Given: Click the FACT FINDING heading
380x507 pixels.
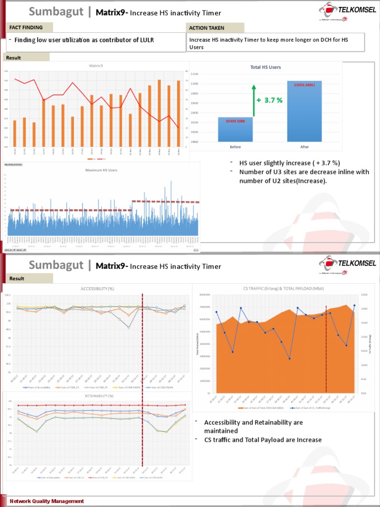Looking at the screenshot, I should click(x=26, y=28).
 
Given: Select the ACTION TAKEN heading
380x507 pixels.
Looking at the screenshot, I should click(x=206, y=28).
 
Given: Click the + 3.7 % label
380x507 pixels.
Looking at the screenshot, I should click(x=270, y=100).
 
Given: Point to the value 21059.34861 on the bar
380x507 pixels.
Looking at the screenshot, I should click(x=304, y=85).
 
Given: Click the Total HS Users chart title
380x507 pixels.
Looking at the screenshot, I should click(x=266, y=67).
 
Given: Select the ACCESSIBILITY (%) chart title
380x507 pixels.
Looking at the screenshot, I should click(x=97, y=289).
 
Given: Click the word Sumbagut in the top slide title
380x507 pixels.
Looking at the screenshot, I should click(x=55, y=12).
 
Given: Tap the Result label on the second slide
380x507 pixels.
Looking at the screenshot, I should click(x=16, y=279).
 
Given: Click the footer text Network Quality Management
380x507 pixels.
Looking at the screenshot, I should click(x=47, y=502).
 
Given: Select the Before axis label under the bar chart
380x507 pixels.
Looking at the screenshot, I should click(x=236, y=147).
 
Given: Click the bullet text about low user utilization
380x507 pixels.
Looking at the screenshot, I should click(x=84, y=40).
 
